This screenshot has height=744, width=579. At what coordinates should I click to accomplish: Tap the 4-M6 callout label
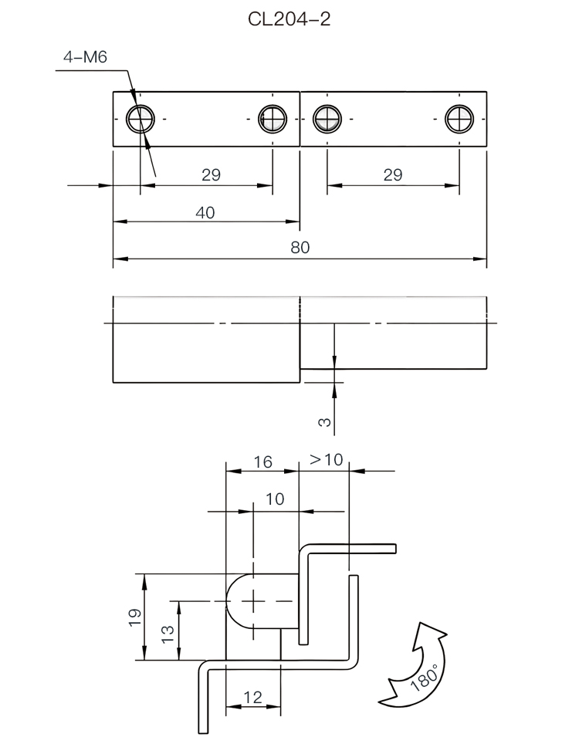[x=84, y=58]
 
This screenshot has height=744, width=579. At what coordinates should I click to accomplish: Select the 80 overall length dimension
[x=300, y=248]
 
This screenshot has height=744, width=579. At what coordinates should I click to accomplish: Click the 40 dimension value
[x=205, y=212]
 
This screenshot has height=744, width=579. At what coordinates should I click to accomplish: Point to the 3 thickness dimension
[x=325, y=421]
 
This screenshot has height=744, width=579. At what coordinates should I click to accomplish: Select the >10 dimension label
[x=326, y=460]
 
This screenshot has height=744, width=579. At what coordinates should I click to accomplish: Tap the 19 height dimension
[x=135, y=617]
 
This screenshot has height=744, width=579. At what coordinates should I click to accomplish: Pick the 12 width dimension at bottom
[x=252, y=697]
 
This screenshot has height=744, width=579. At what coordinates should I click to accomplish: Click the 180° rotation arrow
[x=416, y=664]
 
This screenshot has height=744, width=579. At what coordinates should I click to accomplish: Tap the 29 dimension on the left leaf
[x=211, y=175]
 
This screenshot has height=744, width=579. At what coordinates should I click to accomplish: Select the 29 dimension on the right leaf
[x=392, y=175]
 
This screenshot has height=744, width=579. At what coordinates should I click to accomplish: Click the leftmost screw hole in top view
[x=141, y=119]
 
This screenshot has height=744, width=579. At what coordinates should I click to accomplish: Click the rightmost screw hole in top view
[x=459, y=119]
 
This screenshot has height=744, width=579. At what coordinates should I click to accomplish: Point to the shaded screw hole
[x=327, y=119]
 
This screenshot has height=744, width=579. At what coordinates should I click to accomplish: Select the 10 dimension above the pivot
[x=275, y=499]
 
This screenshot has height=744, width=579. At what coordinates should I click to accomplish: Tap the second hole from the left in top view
[x=273, y=119]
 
